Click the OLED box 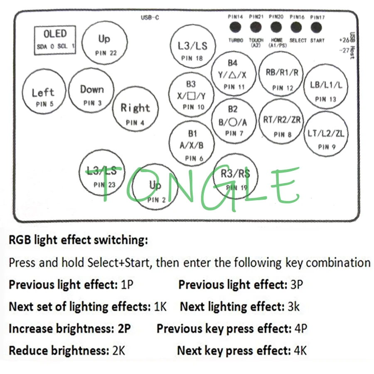(x=55, y=40)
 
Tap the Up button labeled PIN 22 (x=104, y=43)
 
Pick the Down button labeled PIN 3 (x=91, y=93)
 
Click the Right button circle (x=135, y=112)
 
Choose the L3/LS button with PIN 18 (x=192, y=48)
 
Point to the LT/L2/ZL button (x=326, y=137)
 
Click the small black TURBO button (x=236, y=27)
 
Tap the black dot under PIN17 (x=316, y=27)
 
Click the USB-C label (x=150, y=17)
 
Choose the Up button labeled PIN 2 (x=156, y=189)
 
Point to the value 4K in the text (x=300, y=351)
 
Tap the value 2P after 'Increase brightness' (x=123, y=329)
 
